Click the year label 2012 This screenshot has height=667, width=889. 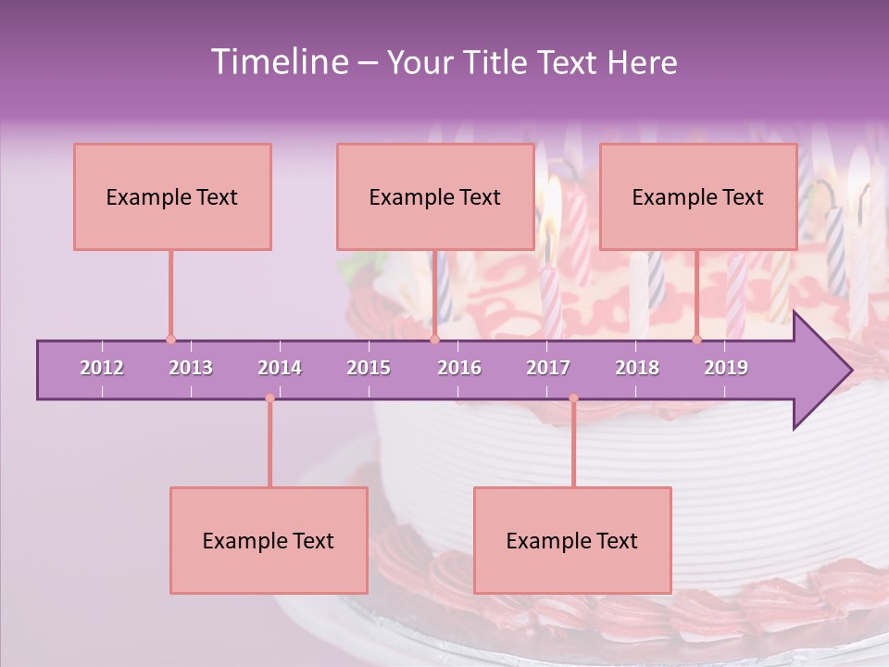tap(102, 368)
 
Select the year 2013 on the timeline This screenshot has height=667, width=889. tap(191, 368)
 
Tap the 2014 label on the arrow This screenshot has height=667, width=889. tap(280, 368)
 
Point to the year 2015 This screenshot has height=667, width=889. tap(369, 368)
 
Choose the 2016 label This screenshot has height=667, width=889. tap(459, 368)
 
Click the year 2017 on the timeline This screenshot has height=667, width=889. tap(548, 368)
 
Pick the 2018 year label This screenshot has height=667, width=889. tap(637, 368)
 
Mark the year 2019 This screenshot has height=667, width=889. tap(726, 368)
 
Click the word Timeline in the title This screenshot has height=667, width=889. tap(277, 62)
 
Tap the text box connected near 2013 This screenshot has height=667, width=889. tap(172, 196)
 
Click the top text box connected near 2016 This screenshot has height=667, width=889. tap(435, 196)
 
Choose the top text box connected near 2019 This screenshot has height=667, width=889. tap(698, 196)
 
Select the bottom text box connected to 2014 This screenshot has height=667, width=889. tap(269, 540)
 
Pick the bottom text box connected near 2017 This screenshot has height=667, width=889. tap(572, 540)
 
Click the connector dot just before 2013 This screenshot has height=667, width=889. tap(170, 339)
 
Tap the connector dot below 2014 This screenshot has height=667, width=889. tap(269, 398)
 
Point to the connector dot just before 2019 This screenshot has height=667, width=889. tap(696, 339)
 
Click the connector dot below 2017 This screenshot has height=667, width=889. tap(573, 398)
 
